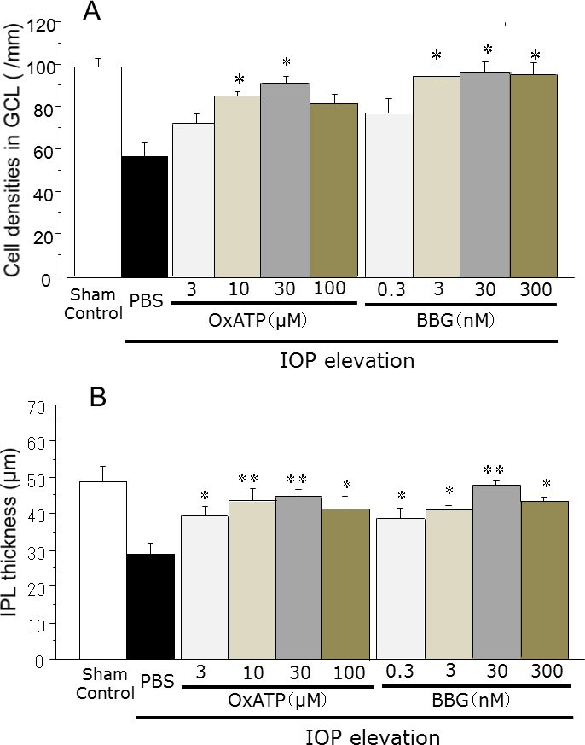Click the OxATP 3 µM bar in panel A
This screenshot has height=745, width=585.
194,200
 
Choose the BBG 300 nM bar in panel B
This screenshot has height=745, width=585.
544,580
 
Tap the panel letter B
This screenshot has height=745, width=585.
99,399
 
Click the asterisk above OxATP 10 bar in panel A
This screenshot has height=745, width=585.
240,82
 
